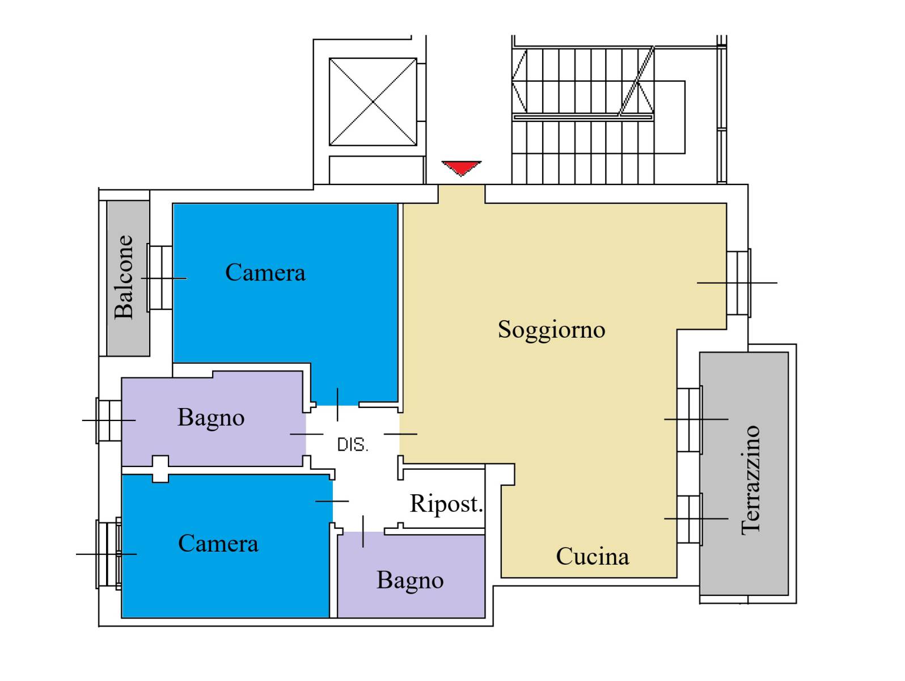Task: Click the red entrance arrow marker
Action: (x=461, y=167)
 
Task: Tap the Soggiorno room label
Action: (x=551, y=330)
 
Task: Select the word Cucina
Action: (x=592, y=556)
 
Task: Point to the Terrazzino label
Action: (x=750, y=481)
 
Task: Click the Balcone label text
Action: (x=124, y=278)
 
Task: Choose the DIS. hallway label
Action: (x=353, y=445)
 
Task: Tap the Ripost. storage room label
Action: (x=446, y=503)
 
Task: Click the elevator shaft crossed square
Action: (x=373, y=102)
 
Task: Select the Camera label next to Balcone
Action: (x=265, y=272)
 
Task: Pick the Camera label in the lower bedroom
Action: (x=218, y=543)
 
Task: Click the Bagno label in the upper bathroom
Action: (x=211, y=418)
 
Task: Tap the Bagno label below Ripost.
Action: (x=410, y=581)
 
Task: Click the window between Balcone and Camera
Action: (x=160, y=278)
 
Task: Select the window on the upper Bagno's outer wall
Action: (x=108, y=421)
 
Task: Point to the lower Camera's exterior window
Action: (x=109, y=553)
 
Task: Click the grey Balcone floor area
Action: (x=128, y=279)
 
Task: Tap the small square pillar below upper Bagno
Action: (x=160, y=469)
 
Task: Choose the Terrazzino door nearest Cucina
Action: (x=690, y=519)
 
